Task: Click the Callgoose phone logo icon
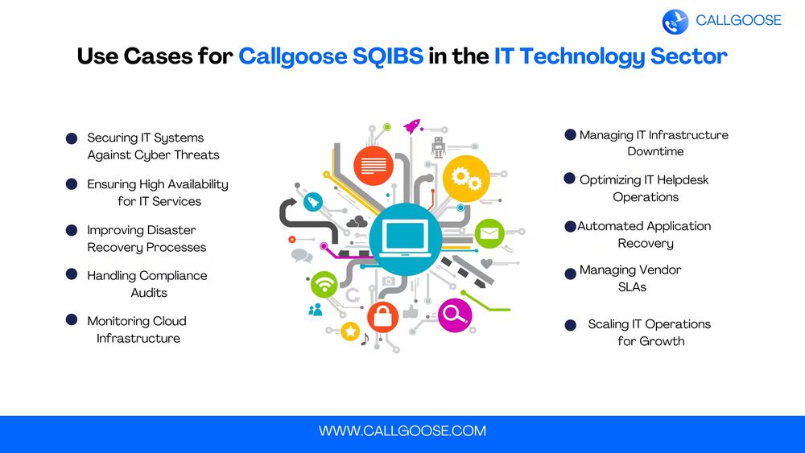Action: coord(675,22)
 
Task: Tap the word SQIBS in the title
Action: coord(388,56)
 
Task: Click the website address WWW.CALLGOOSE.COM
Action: coord(402,430)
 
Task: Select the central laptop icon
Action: coord(406,239)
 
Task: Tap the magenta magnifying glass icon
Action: coord(455,315)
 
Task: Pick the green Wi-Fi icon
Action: coord(324,284)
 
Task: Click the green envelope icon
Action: coord(489,233)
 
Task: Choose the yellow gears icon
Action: coord(466,179)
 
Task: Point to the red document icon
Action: coord(374,166)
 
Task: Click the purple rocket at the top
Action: coord(411,126)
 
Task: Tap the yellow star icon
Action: coord(350,332)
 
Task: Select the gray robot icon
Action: coord(439,146)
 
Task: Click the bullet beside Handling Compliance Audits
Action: coord(72,274)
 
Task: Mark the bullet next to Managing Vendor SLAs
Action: coord(571,274)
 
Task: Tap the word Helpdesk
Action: coord(683,180)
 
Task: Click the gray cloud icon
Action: coord(357,221)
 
